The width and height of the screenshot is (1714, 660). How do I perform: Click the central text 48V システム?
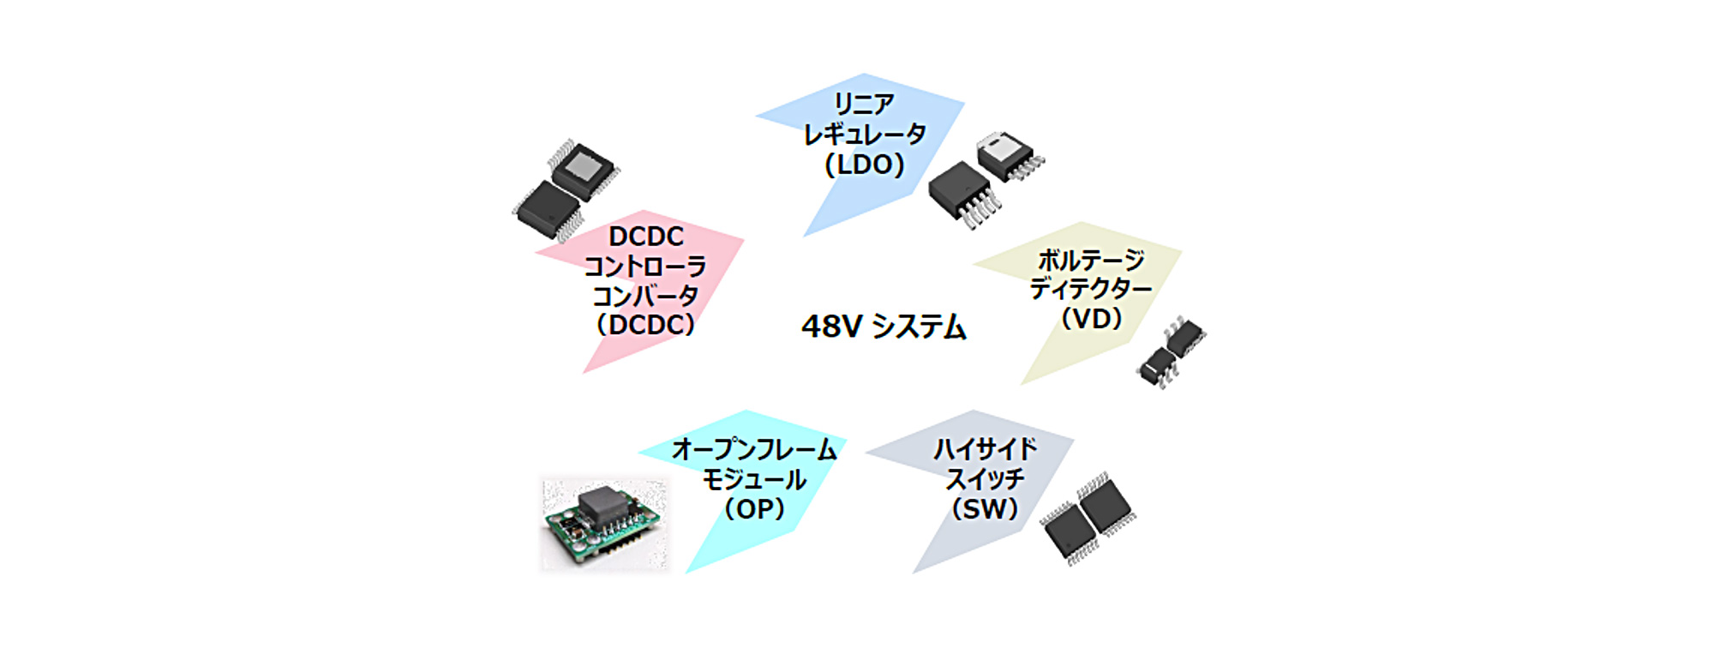[884, 327]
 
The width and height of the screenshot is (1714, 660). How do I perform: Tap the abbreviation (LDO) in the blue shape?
[864, 165]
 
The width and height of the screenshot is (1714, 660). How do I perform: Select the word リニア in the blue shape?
[864, 105]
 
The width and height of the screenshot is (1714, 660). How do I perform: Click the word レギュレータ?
[864, 135]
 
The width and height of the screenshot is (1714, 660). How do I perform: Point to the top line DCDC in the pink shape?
[646, 237]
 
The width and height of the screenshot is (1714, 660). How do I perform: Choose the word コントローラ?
[645, 267]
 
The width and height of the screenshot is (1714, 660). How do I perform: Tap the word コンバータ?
[645, 297]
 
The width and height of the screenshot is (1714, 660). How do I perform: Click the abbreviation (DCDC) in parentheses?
[645, 326]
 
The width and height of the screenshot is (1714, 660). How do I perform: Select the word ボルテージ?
[1091, 259]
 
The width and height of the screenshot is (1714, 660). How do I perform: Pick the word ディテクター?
[1091, 289]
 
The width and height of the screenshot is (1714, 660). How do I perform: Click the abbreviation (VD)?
[1091, 319]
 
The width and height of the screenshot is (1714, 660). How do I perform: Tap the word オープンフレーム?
[754, 449]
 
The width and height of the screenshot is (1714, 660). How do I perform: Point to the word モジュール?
[754, 479]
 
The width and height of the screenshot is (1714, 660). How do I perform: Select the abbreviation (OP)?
[754, 509]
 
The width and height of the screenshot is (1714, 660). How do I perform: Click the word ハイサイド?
[985, 449]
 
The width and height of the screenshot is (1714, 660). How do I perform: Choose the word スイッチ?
[985, 479]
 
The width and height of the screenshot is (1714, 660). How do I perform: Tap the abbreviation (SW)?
[985, 509]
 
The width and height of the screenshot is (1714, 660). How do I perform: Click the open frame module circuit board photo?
[604, 524]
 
